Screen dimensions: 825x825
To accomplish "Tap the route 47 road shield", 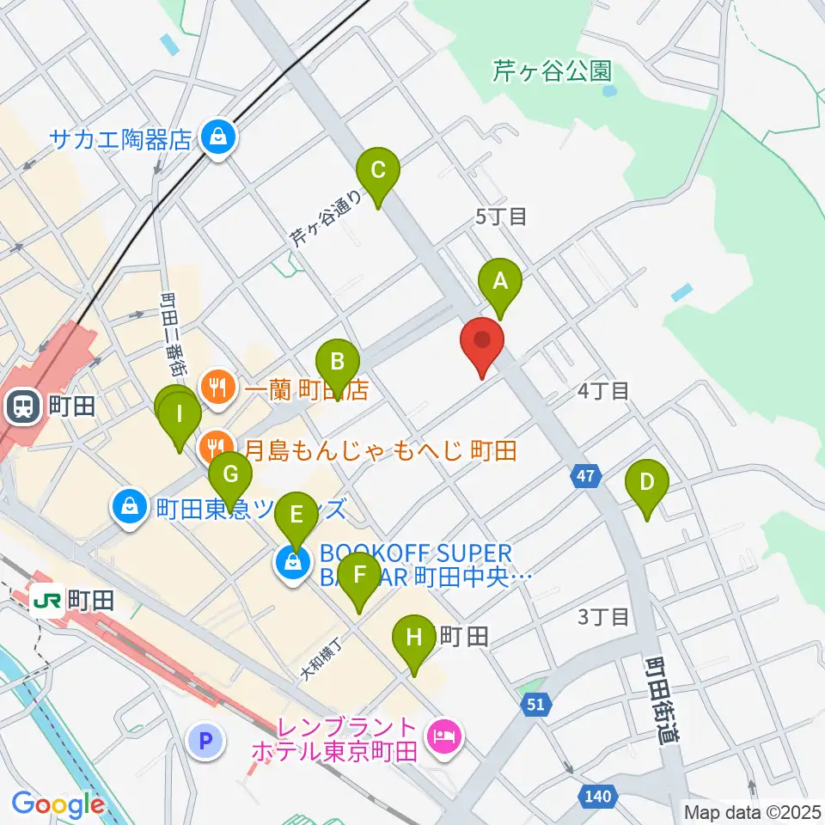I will click(585, 475).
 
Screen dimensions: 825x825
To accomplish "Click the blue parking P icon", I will click(207, 740).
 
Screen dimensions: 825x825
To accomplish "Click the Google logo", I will click(58, 804).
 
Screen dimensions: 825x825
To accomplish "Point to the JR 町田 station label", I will click(75, 601).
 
